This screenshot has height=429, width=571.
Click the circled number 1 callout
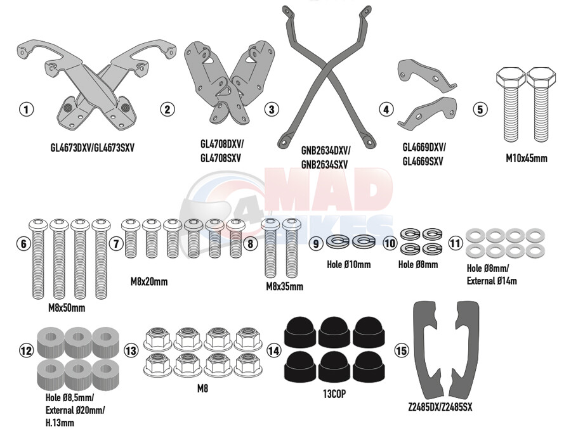click(25, 110)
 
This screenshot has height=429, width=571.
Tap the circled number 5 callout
click(480, 110)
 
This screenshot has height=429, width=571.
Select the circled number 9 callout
click(316, 243)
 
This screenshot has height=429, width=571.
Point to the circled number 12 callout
click(25, 350)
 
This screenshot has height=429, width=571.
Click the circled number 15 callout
click(401, 350)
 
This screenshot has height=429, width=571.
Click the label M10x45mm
click(526, 158)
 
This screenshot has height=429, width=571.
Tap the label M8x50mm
click(67, 308)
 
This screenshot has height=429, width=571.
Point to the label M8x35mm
click(284, 286)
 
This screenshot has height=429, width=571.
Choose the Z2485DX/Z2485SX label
click(444, 407)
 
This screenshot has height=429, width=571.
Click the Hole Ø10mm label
click(349, 264)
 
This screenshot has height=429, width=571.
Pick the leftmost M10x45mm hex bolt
click(508, 105)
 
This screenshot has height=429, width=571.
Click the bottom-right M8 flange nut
click(246, 366)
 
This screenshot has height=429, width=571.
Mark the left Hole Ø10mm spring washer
click(337, 241)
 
